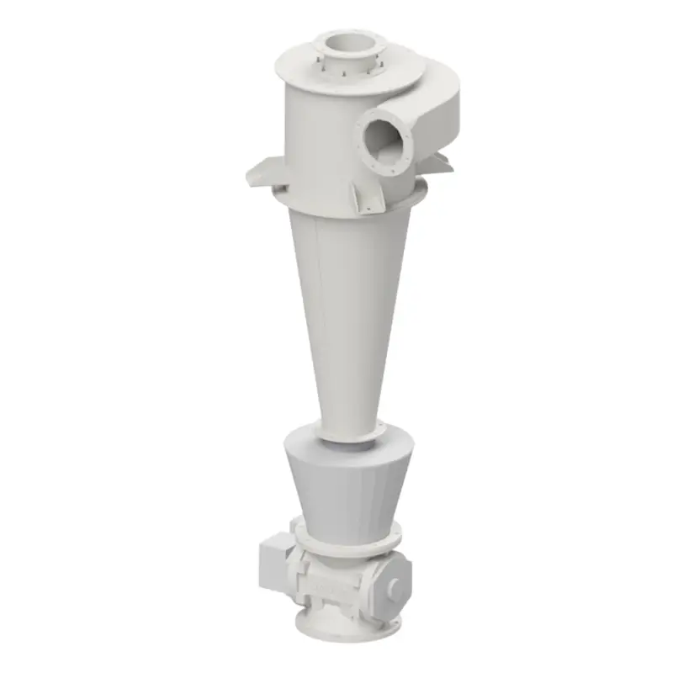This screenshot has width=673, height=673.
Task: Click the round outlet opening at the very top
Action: tap(345, 42)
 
